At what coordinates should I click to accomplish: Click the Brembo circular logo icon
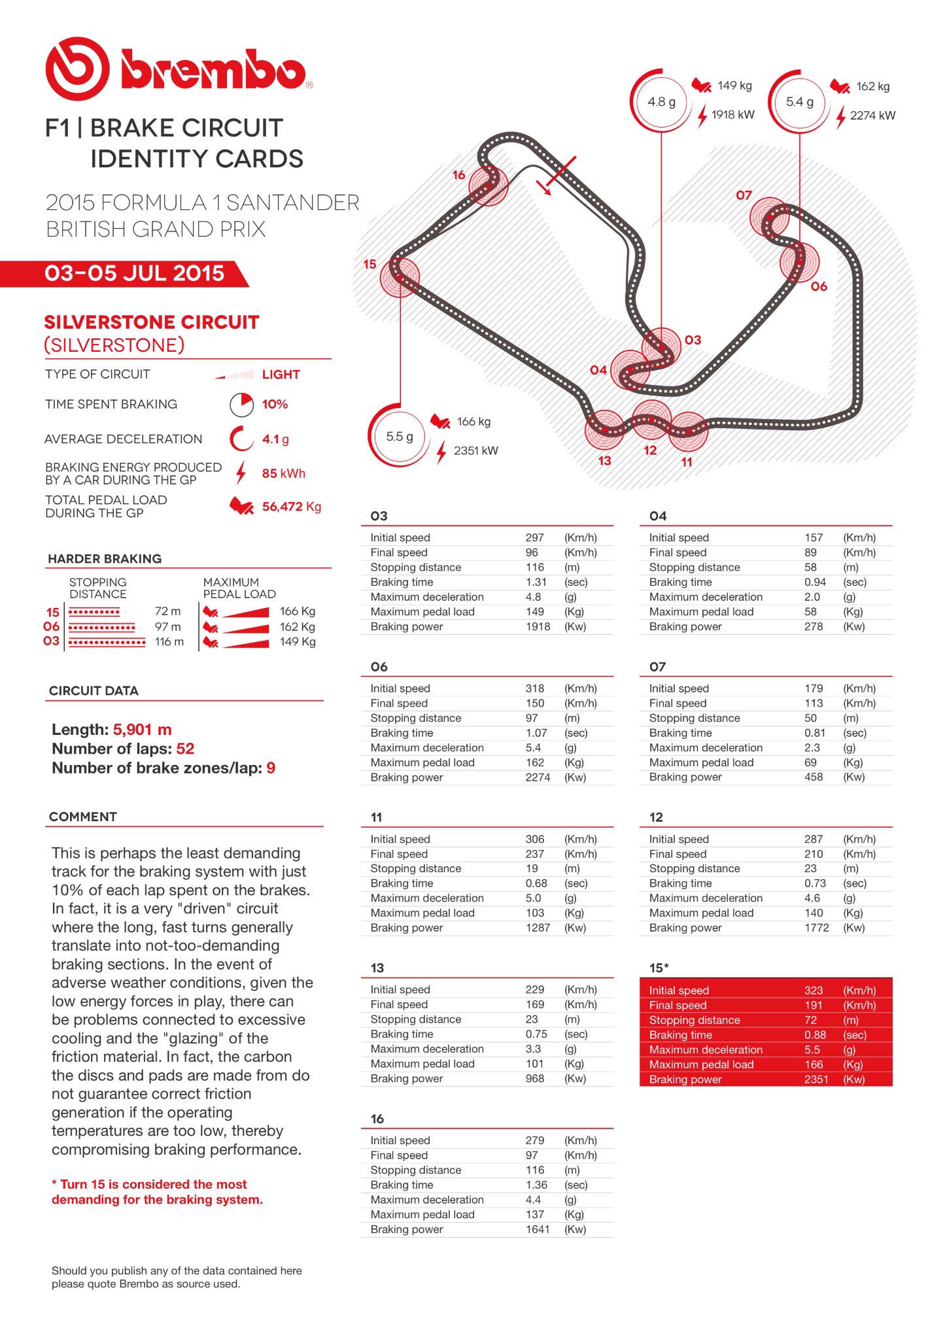tap(77, 69)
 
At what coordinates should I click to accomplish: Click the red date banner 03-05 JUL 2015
tap(134, 273)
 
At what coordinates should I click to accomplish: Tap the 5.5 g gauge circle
tap(399, 437)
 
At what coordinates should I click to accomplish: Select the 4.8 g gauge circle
tap(661, 102)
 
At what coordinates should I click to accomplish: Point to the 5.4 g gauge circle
tap(800, 102)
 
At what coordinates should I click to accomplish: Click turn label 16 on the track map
tap(458, 175)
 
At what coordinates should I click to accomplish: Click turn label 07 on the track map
tap(744, 195)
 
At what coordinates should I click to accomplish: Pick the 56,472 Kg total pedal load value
tap(292, 507)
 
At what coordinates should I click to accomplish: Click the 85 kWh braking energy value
tap(284, 473)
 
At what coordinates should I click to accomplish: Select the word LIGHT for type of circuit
tap(281, 375)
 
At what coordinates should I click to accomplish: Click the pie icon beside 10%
tap(241, 405)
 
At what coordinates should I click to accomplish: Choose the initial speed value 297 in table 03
tap(534, 537)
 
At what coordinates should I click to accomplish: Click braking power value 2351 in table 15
tap(816, 1079)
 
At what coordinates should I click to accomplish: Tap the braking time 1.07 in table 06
tap(536, 733)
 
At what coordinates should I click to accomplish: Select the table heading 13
tap(377, 968)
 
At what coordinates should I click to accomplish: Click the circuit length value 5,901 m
tap(143, 730)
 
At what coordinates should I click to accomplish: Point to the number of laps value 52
tap(185, 749)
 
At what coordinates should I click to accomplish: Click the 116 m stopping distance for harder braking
tap(169, 642)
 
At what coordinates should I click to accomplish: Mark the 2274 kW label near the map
tap(872, 116)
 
